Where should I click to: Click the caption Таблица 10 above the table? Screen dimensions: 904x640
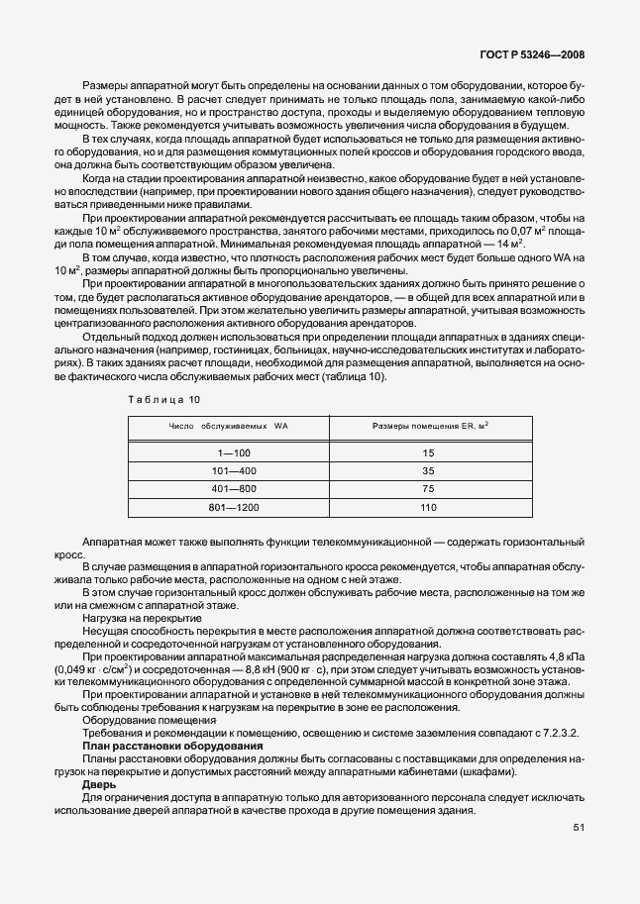[163, 399]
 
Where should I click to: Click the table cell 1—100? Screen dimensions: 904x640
[228, 452]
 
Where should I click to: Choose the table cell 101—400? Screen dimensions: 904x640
[228, 470]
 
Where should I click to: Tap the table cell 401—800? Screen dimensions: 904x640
[228, 489]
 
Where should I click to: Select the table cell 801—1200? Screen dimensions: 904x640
[228, 508]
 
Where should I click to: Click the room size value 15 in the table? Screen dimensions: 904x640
[428, 452]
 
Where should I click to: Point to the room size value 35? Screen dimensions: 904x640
[428, 470]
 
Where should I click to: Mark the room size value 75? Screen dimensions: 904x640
[428, 489]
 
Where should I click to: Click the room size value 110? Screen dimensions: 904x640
[428, 508]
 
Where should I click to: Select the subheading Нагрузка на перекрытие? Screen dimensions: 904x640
[142, 617]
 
